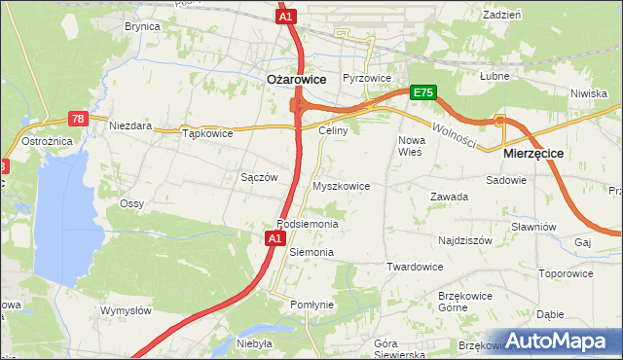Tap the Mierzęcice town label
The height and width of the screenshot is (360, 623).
point(533,154)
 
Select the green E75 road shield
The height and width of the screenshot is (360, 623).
point(422,92)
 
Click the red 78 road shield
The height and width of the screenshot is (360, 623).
point(79,119)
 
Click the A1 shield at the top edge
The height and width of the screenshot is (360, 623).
point(285,18)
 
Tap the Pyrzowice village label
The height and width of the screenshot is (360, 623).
point(367,78)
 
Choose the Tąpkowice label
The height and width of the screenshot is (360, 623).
point(208,134)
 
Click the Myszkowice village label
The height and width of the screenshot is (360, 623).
point(341,185)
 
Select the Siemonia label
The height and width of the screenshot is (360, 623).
point(311,252)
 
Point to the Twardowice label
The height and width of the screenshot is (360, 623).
point(415,267)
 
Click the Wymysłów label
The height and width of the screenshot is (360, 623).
point(126,310)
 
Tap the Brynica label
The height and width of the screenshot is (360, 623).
point(142,27)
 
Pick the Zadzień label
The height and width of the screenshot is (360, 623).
point(502,16)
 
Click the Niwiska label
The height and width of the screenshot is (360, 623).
point(589,93)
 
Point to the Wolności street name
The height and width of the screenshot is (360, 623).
point(454,134)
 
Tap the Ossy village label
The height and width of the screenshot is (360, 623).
point(131,203)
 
